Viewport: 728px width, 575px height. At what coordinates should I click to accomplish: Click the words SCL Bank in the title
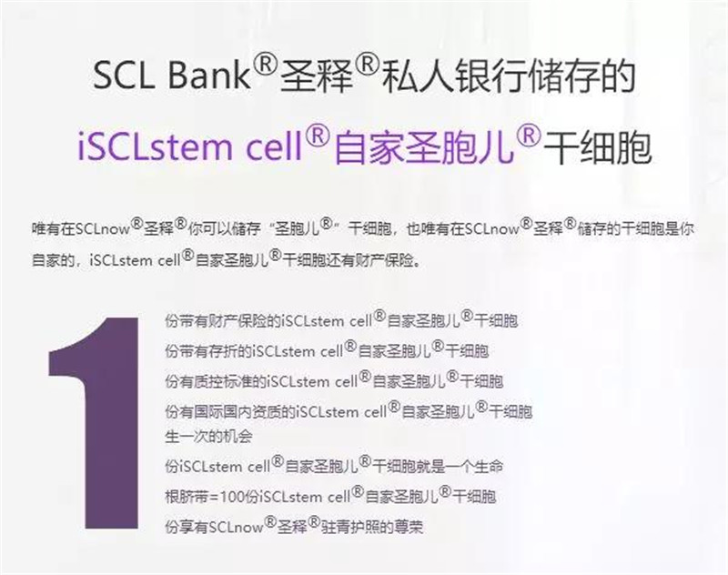pos(172,76)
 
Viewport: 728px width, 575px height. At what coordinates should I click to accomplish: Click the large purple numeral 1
pos(95,423)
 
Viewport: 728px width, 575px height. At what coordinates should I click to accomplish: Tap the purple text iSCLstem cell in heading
pos(190,146)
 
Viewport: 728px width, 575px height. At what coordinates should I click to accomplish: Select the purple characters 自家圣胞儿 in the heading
pos(424,147)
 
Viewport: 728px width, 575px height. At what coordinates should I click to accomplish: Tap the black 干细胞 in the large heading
pos(599,147)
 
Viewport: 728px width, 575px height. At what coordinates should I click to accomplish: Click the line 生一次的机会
pos(208,437)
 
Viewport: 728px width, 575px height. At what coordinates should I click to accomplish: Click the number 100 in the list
pos(232,497)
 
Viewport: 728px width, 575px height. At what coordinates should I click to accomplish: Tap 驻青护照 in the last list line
pos(350,527)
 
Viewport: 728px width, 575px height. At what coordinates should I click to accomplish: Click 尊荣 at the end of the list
pos(409,527)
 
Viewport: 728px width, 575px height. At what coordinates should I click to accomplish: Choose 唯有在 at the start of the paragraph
pos(53,229)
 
